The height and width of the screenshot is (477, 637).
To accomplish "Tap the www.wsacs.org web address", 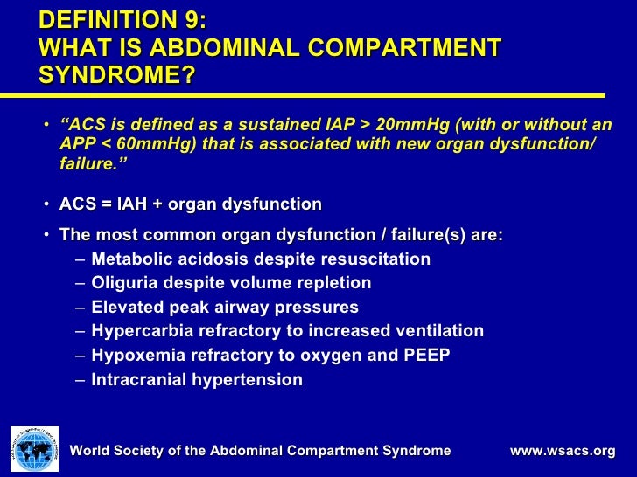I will (x=563, y=451).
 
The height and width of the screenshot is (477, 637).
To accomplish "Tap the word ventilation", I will (x=442, y=331).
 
